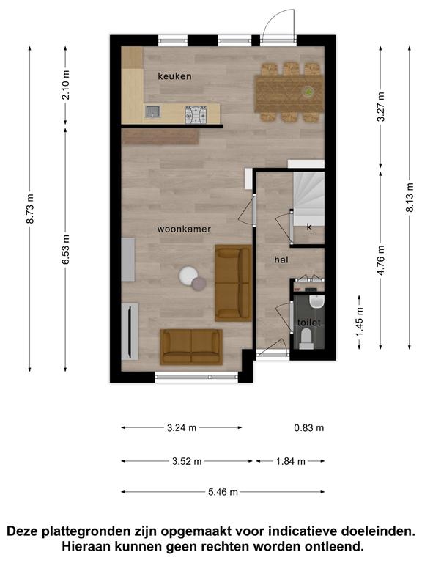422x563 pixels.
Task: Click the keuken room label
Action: coord(175,76)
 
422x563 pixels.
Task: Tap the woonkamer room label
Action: coord(184,229)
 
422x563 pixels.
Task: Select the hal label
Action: coord(281,260)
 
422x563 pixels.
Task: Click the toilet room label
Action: coord(309,323)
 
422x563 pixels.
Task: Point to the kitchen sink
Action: coord(153,111)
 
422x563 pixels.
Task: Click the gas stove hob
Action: coord(196,114)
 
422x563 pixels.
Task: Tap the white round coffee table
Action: coord(188,276)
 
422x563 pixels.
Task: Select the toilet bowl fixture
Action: coord(306,339)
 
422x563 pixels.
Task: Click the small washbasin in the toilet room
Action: coord(317,301)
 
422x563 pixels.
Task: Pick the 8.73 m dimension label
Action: coord(30,209)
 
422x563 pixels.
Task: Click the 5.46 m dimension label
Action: coord(223,492)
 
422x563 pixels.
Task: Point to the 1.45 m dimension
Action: coord(359,322)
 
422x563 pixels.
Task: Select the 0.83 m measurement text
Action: coord(309,427)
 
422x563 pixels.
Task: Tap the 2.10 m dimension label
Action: coord(66,85)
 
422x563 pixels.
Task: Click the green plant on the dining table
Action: coord(308,92)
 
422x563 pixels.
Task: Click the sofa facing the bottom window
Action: coord(191,347)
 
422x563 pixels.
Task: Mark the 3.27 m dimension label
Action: coord(381,106)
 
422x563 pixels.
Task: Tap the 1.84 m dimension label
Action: coord(291,461)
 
